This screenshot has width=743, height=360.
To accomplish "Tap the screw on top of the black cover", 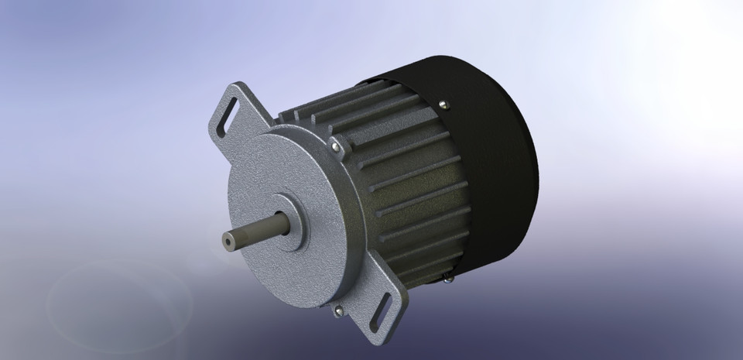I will [x=442, y=102].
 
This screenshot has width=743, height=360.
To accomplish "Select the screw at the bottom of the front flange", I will [x=338, y=311].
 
